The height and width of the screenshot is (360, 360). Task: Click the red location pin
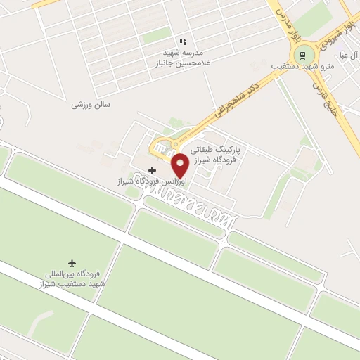click(180, 165)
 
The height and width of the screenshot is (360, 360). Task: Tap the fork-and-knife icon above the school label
click(183, 42)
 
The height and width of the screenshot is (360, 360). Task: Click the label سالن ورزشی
click(91, 104)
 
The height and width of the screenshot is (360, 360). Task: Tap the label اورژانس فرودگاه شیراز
click(153, 181)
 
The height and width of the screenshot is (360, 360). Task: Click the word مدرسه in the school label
click(193, 53)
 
